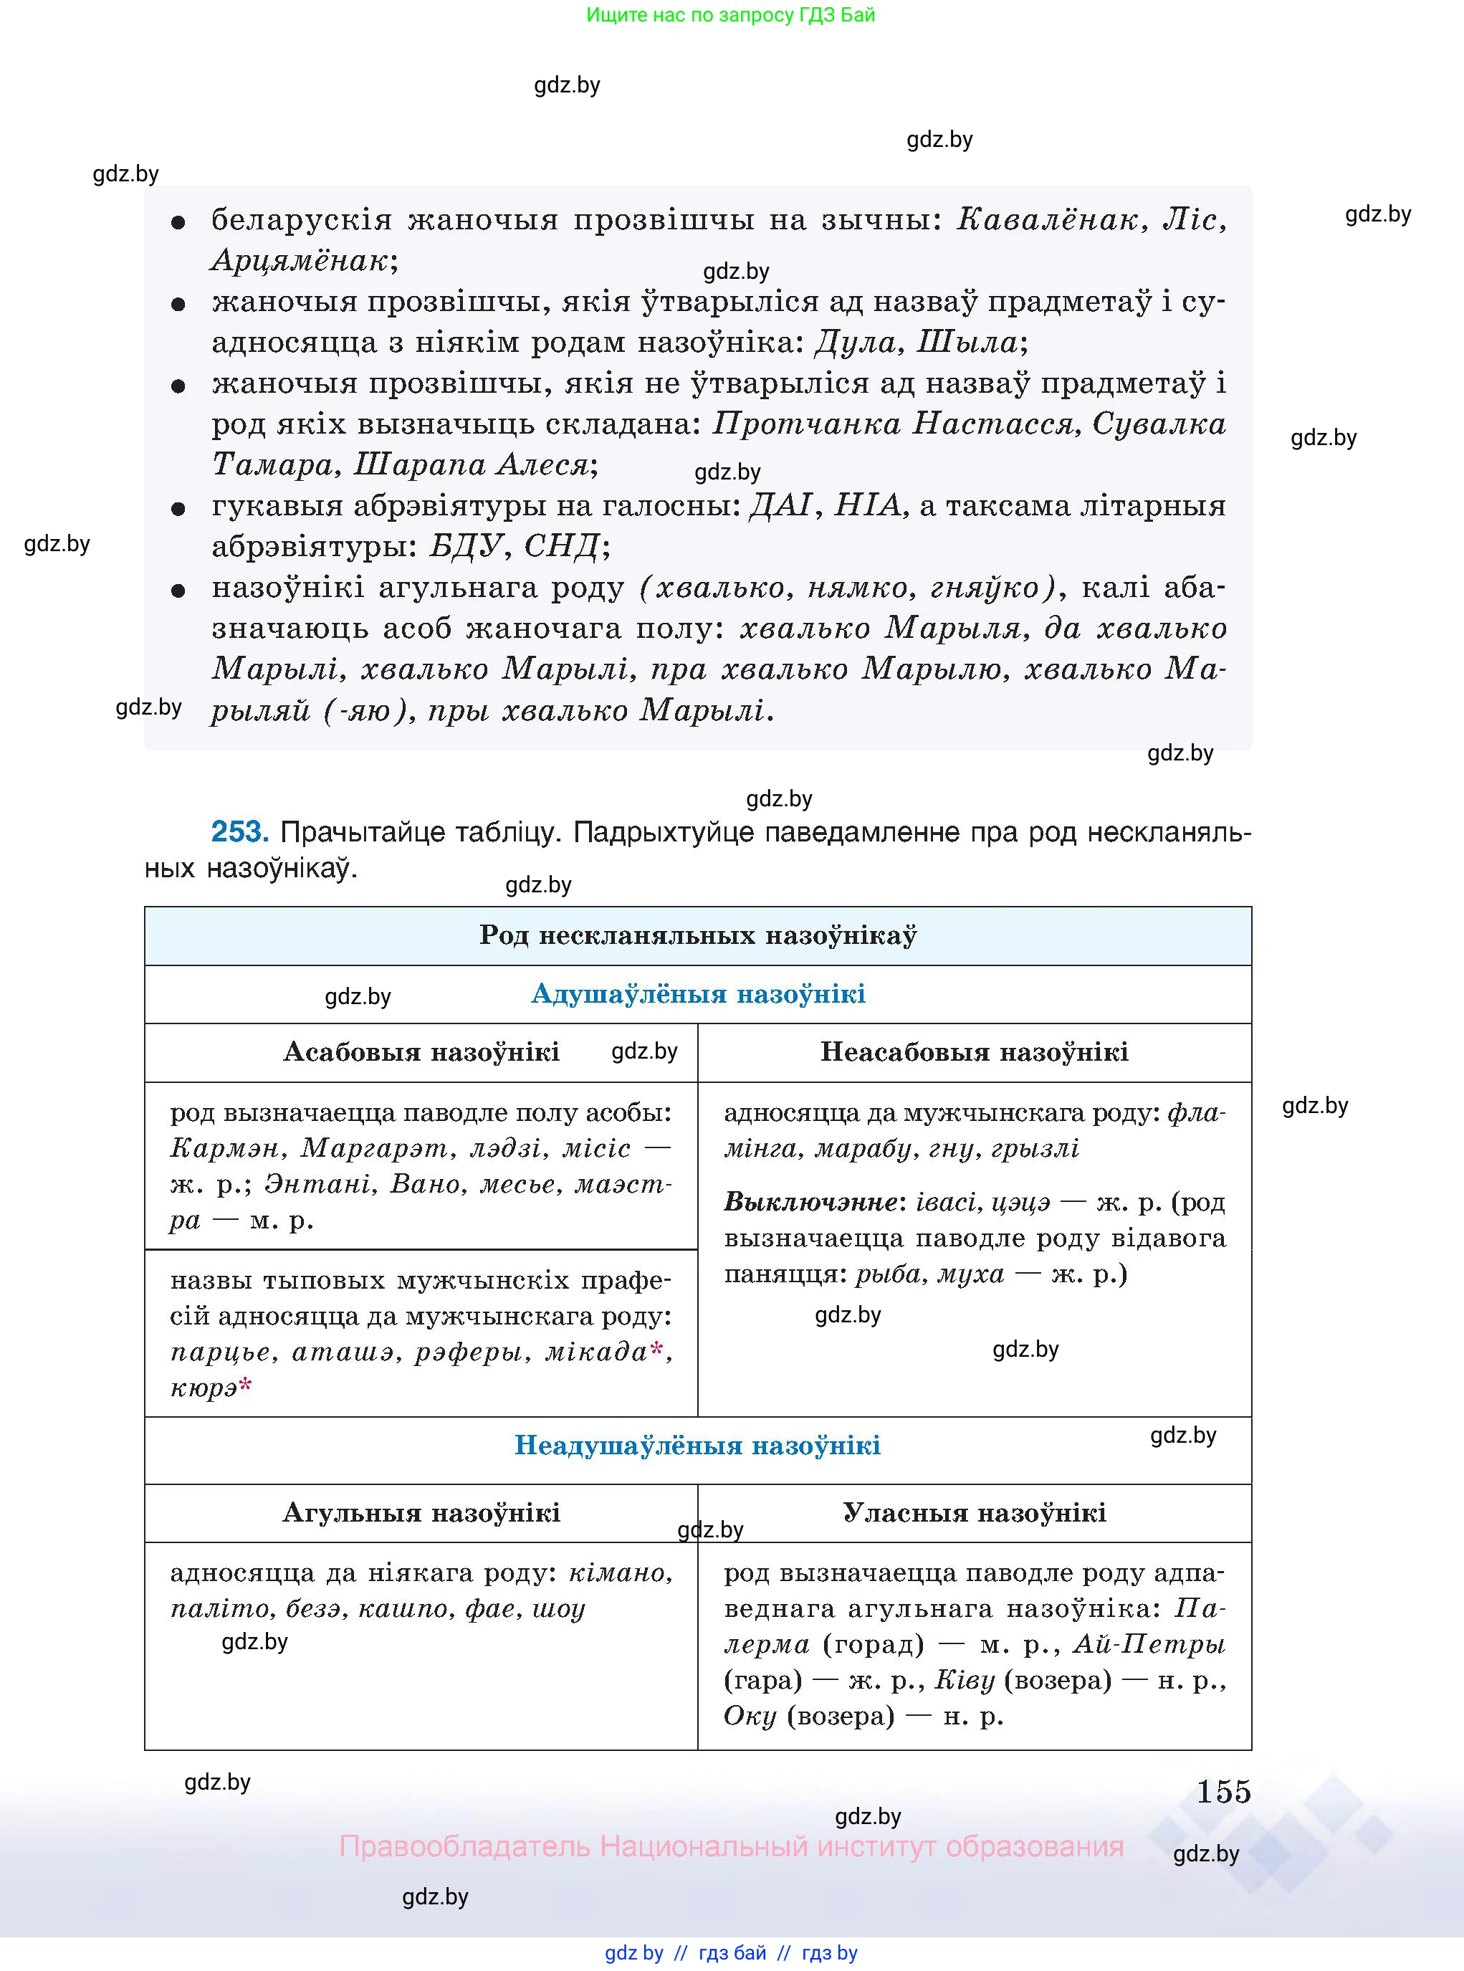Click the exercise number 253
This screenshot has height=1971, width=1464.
tap(239, 831)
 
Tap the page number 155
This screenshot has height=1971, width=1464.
tap(1223, 1791)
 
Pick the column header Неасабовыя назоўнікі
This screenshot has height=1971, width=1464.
tap(974, 1052)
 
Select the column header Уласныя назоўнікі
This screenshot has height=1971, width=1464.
tap(974, 1513)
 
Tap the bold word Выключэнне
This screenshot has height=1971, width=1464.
tap(810, 1203)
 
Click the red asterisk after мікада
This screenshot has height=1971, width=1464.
tap(656, 1349)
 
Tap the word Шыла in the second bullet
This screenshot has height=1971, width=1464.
tap(967, 342)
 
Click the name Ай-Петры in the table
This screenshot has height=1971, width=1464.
tap(1149, 1645)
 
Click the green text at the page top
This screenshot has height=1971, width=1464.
tap(730, 15)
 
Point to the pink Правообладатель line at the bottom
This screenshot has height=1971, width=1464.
tap(730, 1847)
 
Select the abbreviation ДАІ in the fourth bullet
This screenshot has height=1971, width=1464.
tap(780, 505)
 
